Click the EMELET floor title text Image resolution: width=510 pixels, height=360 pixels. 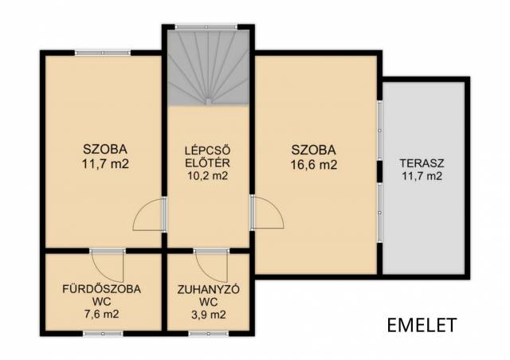click(x=422, y=324)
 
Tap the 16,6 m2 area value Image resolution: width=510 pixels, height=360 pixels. click(x=313, y=165)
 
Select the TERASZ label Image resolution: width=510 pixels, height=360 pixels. click(x=422, y=162)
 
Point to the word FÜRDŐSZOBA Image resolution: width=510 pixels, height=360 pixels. click(x=101, y=289)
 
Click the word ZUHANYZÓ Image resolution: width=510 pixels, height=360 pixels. click(x=209, y=289)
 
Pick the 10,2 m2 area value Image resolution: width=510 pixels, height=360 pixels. click(x=207, y=175)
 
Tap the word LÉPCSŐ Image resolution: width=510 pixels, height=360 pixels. click(x=207, y=151)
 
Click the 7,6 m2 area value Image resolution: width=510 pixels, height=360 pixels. click(x=101, y=314)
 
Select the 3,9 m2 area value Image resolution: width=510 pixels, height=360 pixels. click(x=209, y=315)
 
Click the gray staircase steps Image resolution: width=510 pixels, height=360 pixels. click(x=208, y=68)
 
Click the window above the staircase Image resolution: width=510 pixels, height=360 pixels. click(x=206, y=27)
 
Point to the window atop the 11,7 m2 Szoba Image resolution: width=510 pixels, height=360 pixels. click(x=103, y=53)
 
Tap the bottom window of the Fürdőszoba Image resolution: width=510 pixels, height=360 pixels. click(x=103, y=334)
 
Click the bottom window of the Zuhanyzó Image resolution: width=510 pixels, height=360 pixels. click(x=209, y=334)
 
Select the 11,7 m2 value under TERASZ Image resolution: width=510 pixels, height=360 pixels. click(x=422, y=176)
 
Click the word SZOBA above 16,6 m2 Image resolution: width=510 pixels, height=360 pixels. click(x=313, y=151)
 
